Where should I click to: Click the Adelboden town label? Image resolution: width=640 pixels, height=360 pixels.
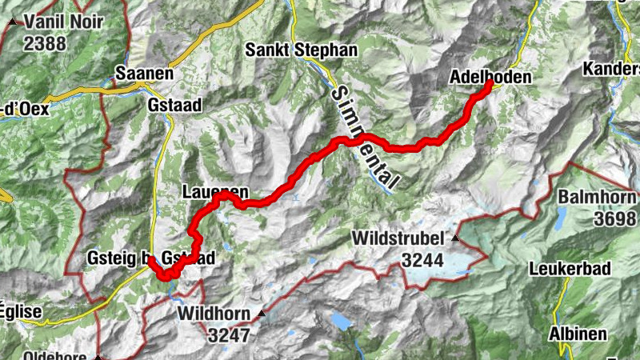pos(490,78)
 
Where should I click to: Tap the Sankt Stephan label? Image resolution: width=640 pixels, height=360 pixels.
pos(302,50)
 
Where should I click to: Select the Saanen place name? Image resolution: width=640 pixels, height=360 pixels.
pos(144,73)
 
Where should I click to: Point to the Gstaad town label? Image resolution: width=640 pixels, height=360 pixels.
pos(175,105)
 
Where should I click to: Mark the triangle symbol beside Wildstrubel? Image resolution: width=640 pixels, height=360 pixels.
pos(456,238)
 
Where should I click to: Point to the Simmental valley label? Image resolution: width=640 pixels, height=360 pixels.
pos(361,136)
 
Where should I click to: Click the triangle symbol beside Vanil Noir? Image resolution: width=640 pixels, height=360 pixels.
pos(12,22)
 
